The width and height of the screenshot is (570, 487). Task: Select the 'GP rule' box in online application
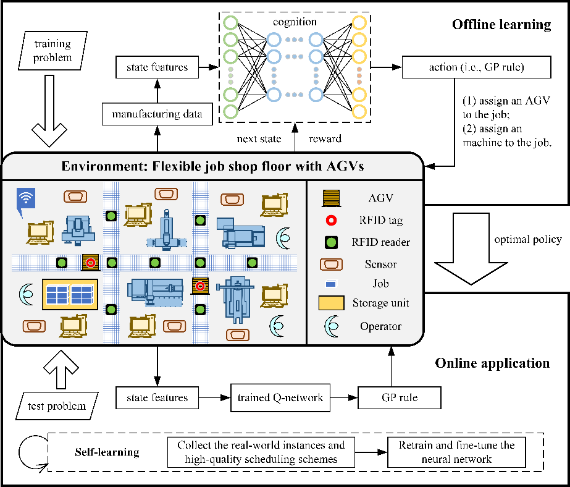(400, 397)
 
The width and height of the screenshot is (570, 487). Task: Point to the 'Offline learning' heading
(501, 25)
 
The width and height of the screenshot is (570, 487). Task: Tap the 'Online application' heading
(492, 363)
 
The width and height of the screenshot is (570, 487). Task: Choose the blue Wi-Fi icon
(26, 200)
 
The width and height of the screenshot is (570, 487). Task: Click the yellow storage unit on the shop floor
(70, 294)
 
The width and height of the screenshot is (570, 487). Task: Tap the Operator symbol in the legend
(332, 326)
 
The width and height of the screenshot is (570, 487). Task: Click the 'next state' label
(259, 139)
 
